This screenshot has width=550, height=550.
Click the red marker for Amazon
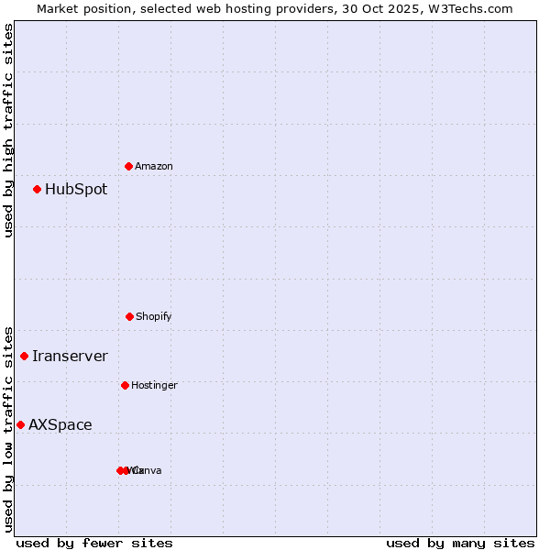tap(129, 166)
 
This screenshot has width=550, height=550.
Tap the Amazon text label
tap(154, 167)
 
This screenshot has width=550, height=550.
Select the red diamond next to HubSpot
tap(38, 190)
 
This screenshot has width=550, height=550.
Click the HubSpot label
tap(76, 190)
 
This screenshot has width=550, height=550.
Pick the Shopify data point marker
tap(129, 316)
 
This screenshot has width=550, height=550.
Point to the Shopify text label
tap(154, 317)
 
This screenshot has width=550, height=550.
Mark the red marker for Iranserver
tap(25, 356)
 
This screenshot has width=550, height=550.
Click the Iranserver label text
tap(70, 357)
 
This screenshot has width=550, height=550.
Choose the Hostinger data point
tap(125, 385)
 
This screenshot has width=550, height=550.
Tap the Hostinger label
tap(154, 386)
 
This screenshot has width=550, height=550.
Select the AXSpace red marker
tap(20, 424)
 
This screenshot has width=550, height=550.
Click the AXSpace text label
tap(60, 425)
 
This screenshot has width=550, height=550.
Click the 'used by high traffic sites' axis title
tap(9, 130)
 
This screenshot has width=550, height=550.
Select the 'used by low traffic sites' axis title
tap(9, 429)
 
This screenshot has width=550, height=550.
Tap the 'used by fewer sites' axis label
tap(94, 543)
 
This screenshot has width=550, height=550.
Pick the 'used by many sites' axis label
tap(460, 543)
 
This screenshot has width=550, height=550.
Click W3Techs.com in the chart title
tap(472, 8)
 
